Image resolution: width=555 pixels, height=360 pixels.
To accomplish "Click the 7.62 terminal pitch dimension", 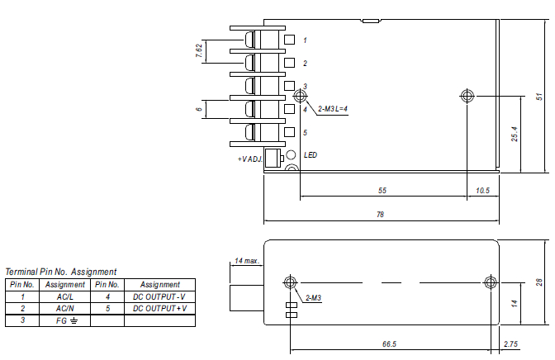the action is click(199, 50).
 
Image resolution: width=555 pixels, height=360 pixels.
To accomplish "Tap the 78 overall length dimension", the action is click(381, 215).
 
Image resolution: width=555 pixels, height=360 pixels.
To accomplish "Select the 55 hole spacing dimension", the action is click(382, 191).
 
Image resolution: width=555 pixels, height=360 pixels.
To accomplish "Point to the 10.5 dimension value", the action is click(483, 191).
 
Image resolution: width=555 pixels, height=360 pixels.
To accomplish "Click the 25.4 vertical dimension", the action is click(515, 134).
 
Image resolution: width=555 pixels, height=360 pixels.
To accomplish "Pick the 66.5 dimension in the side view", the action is click(389, 344).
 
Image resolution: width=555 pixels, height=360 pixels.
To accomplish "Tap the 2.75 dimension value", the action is click(510, 344).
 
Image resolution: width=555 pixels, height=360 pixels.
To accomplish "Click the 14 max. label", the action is click(247, 261).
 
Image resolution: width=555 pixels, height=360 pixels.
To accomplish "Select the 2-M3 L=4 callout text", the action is click(333, 109).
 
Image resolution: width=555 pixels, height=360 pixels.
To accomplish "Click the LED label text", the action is click(311, 155).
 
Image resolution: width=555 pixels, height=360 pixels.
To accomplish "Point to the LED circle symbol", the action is click(291, 155).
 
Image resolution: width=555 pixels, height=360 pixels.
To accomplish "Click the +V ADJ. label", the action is click(250, 159).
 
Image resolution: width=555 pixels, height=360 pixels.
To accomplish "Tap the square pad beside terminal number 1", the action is click(290, 40).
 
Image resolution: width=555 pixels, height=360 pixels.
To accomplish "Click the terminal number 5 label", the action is click(305, 133).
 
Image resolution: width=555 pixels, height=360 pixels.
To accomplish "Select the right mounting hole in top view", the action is click(467, 96).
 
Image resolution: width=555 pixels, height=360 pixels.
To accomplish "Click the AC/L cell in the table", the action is click(65, 296).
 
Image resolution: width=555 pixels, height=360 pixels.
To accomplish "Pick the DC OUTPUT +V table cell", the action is click(160, 308).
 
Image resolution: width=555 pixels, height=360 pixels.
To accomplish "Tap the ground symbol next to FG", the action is click(74, 321).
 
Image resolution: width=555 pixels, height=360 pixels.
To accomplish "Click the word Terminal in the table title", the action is click(21, 272).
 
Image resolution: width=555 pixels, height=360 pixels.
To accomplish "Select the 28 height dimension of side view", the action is click(539, 282).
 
